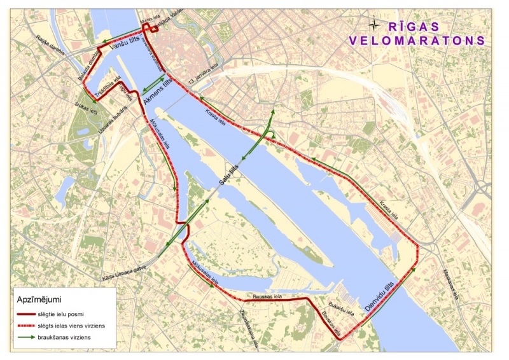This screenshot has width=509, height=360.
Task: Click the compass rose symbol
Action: (x=375, y=25)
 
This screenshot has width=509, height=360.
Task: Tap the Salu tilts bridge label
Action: (x=229, y=169)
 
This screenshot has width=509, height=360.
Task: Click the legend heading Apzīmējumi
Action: (x=39, y=298)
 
